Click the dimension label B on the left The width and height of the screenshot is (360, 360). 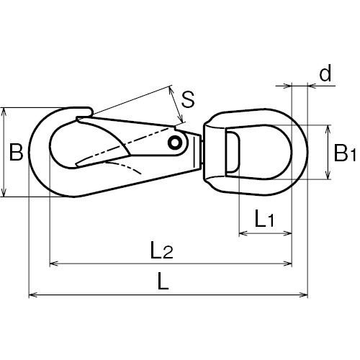pos(16,152)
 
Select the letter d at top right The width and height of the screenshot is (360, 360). pos(325,72)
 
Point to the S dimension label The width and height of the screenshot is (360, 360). pos(188,99)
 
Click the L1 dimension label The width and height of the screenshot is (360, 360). pos(264,218)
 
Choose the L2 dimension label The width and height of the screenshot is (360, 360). pos(161,250)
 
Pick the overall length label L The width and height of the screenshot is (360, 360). pos(163,281)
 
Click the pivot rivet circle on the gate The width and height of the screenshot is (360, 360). pos(174,143)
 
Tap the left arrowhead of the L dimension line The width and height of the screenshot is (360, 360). pos(33,294)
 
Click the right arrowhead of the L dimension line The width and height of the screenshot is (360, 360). pos(304,294)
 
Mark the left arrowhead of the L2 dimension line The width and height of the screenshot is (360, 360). pos(53,264)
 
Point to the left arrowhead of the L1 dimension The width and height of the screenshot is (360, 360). pos(243,233)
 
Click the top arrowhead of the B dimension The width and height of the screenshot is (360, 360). pos(4,112)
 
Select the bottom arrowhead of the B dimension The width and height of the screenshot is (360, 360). pos(4,193)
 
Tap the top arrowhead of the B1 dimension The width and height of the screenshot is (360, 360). pos(328,129)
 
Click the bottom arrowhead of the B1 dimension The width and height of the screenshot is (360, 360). pos(328,175)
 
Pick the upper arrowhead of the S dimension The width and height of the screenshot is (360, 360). pos(171,90)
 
